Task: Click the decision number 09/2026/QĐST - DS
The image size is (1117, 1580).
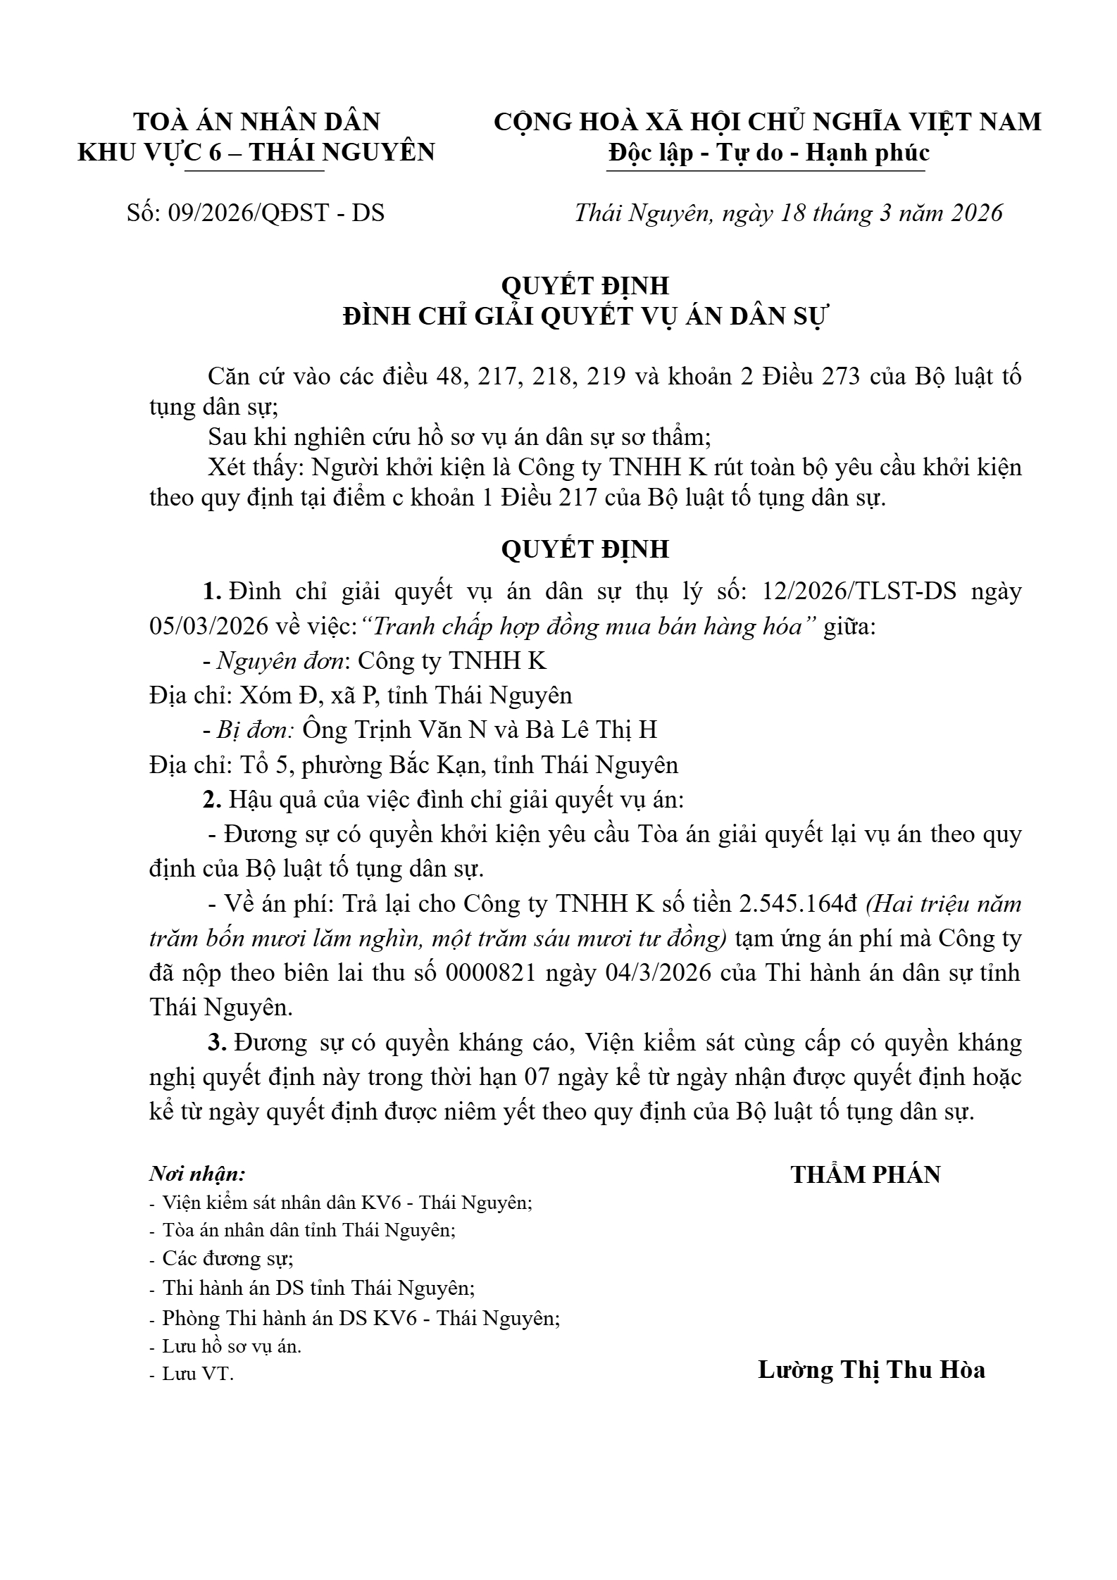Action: pyautogui.click(x=276, y=213)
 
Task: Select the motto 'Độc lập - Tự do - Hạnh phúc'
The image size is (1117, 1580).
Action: pyautogui.click(x=768, y=153)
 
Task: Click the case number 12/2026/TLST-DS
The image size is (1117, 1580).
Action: pyautogui.click(x=859, y=591)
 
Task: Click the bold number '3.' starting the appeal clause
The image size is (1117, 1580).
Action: pyautogui.click(x=216, y=1042)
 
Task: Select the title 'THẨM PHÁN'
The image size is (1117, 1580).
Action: pyautogui.click(x=866, y=1175)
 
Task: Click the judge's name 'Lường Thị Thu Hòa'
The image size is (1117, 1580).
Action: pyautogui.click(x=871, y=1369)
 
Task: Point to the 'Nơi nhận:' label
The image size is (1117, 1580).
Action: pyautogui.click(x=197, y=1174)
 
